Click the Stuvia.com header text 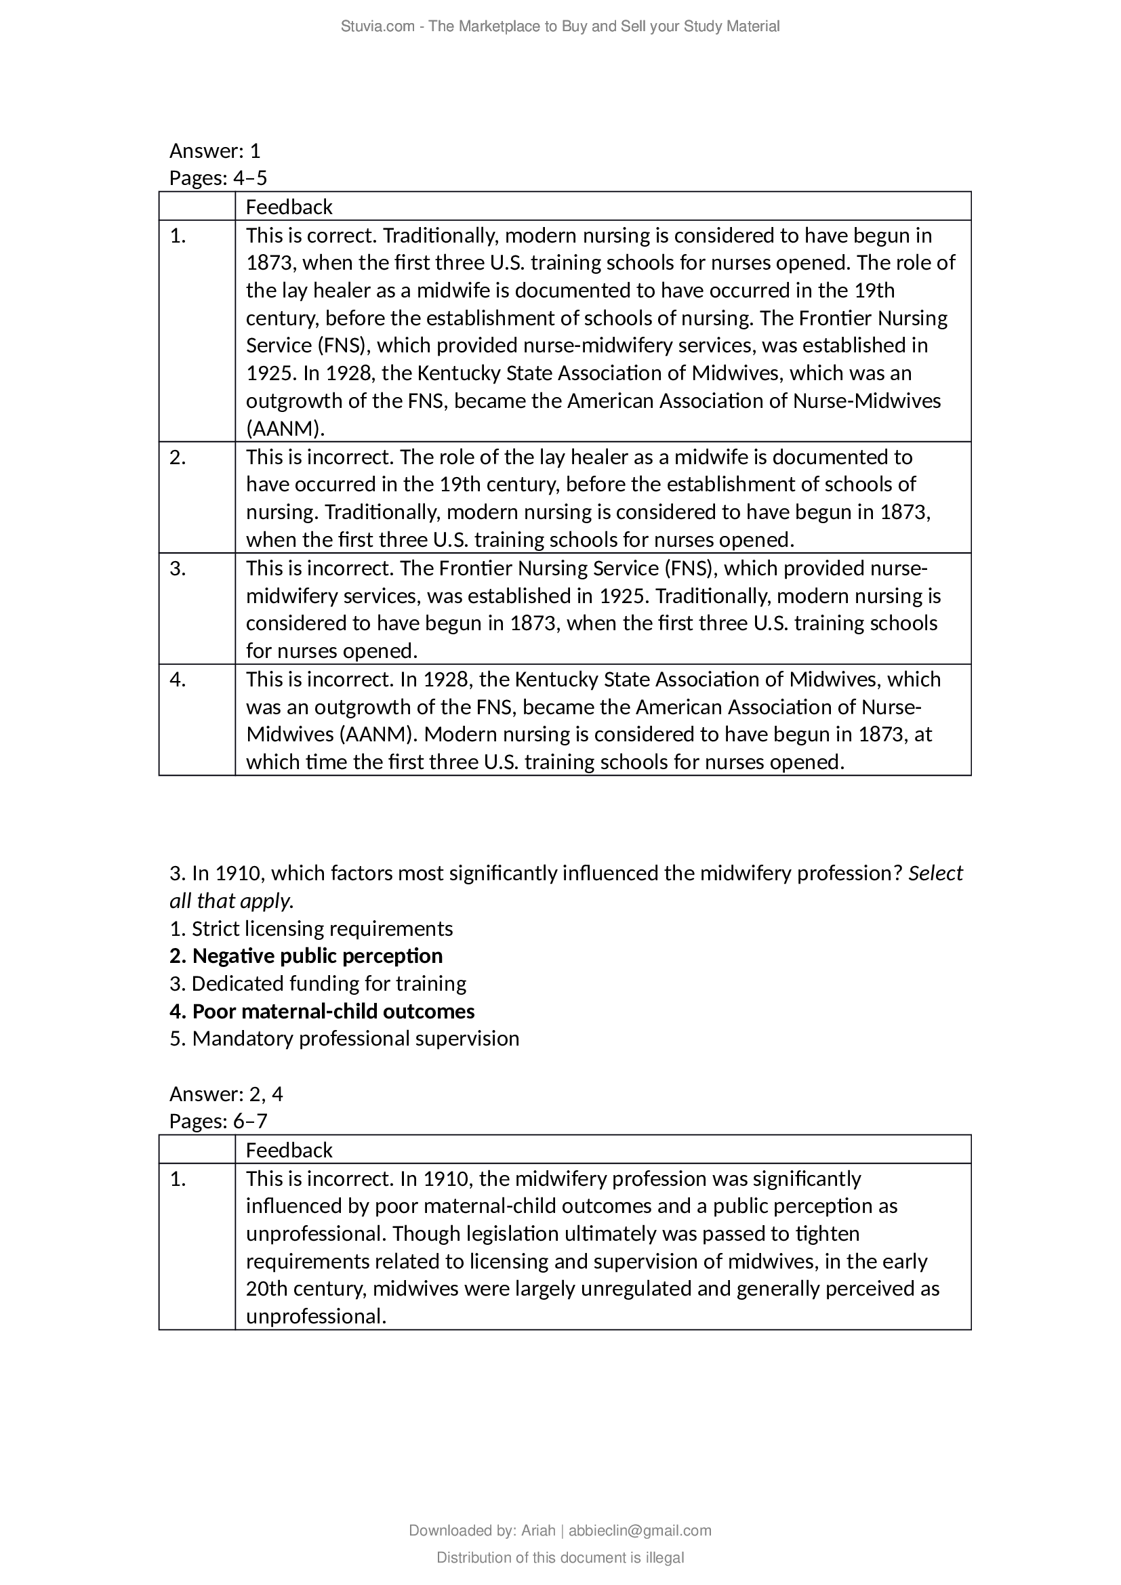click(x=560, y=26)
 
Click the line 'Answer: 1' click(x=215, y=150)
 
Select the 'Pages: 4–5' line click(x=218, y=178)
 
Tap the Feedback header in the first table click(x=289, y=207)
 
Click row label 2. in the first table click(x=178, y=457)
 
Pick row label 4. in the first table click(x=178, y=679)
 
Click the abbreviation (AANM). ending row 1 click(x=285, y=429)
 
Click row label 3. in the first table click(x=178, y=568)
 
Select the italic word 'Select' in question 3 click(x=935, y=873)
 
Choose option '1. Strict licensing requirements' click(x=311, y=928)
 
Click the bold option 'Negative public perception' click(x=317, y=956)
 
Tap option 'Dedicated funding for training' click(x=329, y=984)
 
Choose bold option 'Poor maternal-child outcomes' click(x=333, y=1011)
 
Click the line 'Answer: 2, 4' click(x=226, y=1094)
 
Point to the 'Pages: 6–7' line click(x=218, y=1121)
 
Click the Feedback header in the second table click(x=289, y=1150)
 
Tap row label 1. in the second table click(x=178, y=1179)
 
